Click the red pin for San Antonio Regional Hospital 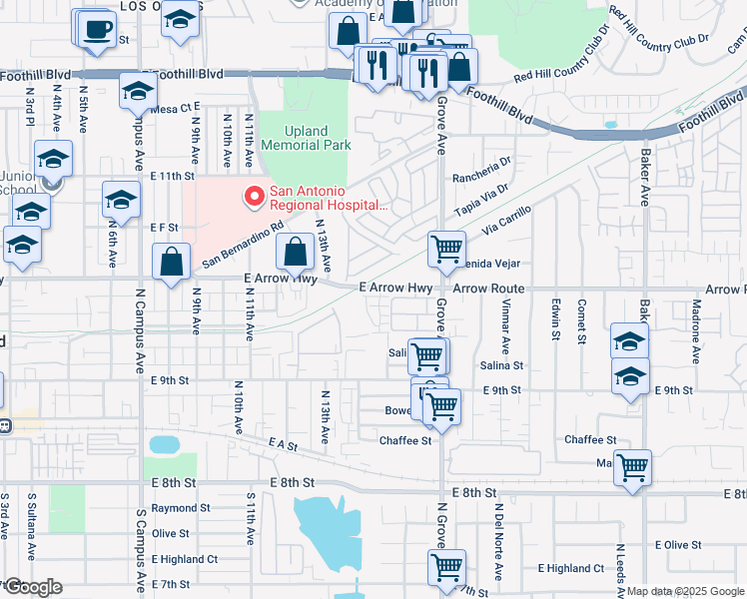[254, 196]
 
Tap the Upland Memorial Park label [306, 138]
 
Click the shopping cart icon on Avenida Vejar [446, 248]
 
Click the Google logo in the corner [32, 587]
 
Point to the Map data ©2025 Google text [685, 592]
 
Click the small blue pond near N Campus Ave [161, 443]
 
